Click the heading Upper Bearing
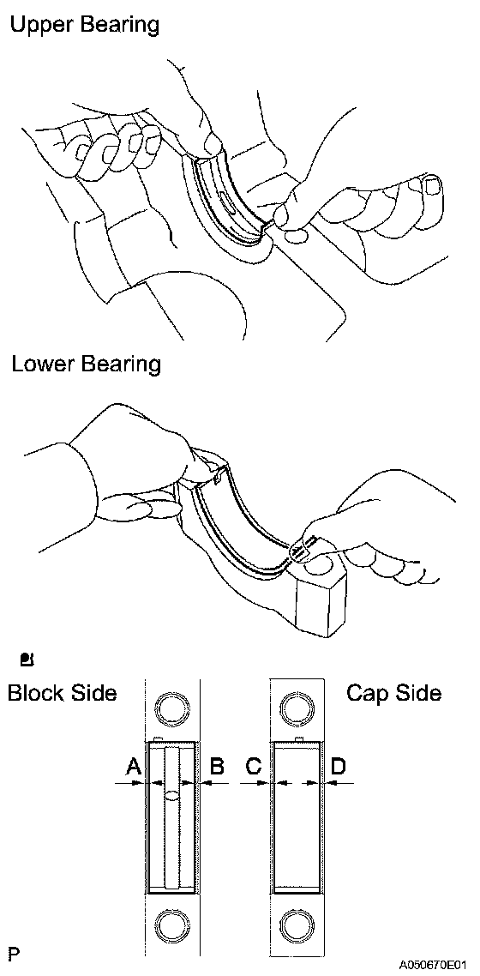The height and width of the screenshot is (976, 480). pyautogui.click(x=85, y=26)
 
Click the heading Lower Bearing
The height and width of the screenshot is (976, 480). pyautogui.click(x=86, y=364)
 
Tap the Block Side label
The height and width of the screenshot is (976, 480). pyautogui.click(x=63, y=693)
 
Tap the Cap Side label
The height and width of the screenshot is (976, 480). pyautogui.click(x=394, y=693)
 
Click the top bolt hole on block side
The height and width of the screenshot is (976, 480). pyautogui.click(x=171, y=708)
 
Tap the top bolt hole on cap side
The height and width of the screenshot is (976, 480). pyautogui.click(x=297, y=708)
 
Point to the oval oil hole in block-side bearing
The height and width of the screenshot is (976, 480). pyautogui.click(x=172, y=794)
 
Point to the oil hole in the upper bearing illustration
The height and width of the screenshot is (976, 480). pyautogui.click(x=225, y=202)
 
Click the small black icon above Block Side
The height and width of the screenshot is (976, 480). pyautogui.click(x=28, y=658)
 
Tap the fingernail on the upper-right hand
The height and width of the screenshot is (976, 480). pyautogui.click(x=431, y=185)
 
